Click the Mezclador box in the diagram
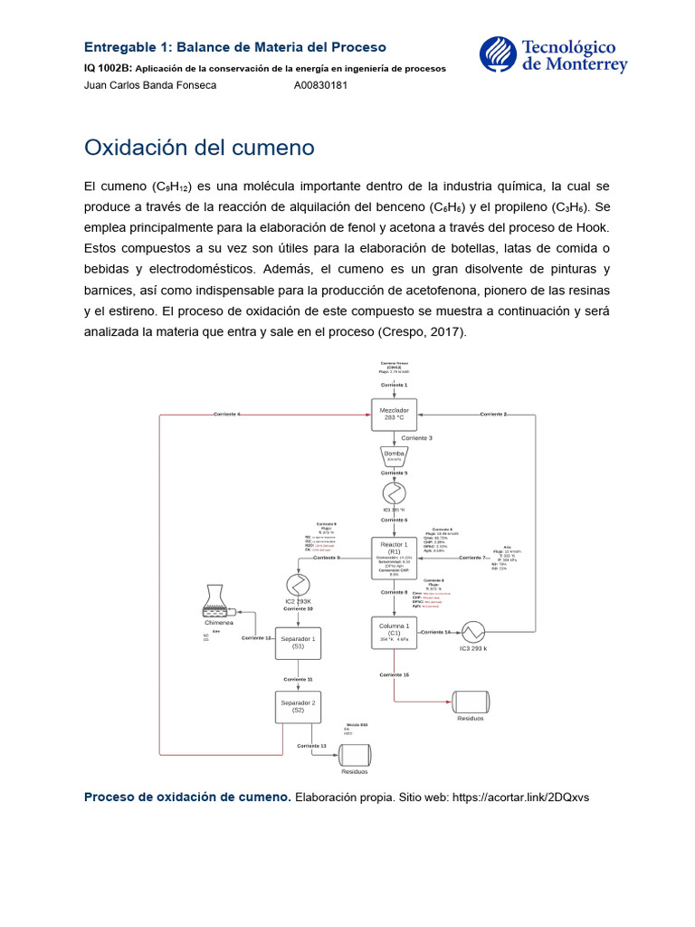tap(395, 413)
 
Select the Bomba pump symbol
tap(395, 454)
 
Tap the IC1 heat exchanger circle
tap(395, 492)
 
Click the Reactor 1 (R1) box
tap(395, 557)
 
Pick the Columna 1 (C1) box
tap(395, 632)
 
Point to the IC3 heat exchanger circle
tap(473, 631)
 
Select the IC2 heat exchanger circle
tap(298, 584)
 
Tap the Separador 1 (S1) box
tap(298, 644)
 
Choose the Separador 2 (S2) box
tap(298, 706)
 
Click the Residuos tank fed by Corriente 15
tap(471, 702)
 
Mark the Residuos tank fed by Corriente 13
tap(355, 756)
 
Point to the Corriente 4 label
tap(226, 414)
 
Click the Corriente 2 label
tap(493, 414)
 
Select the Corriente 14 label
tap(436, 632)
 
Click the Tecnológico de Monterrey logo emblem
tap(496, 54)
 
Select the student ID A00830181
tap(321, 85)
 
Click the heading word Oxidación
tap(135, 147)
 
